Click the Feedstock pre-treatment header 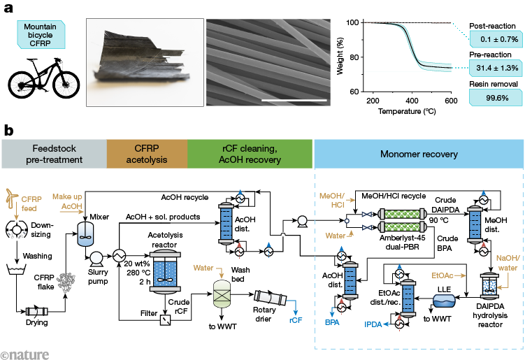pyautogui.click(x=53, y=154)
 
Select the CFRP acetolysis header pyautogui.click(x=146, y=154)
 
